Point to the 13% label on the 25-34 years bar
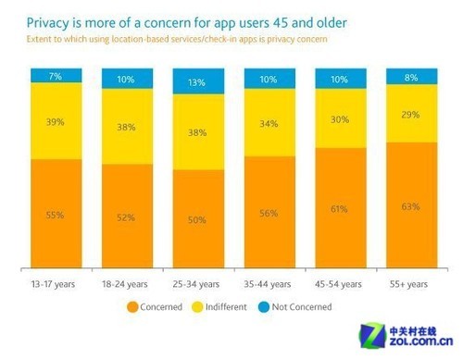196,83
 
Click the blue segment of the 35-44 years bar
267,80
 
